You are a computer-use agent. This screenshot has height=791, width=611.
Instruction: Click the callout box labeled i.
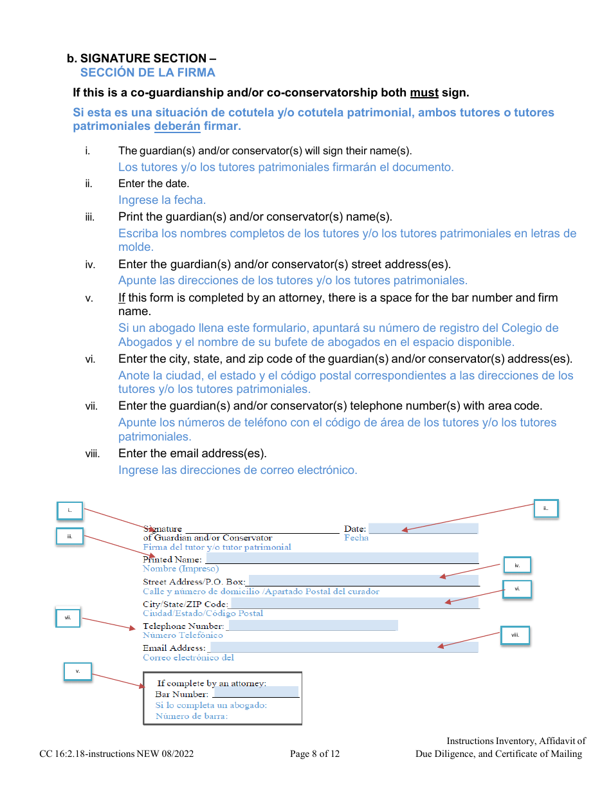click(69, 511)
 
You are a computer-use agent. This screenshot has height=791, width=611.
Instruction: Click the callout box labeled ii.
click(545, 509)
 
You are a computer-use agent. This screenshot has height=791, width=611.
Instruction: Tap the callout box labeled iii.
click(69, 536)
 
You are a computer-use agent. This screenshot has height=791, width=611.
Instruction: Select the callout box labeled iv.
click(517, 565)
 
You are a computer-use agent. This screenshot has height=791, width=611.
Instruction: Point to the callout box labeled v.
click(78, 671)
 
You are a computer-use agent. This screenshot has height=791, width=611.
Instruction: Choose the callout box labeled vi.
click(517, 589)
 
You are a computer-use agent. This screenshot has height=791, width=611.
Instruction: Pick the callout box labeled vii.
click(68, 618)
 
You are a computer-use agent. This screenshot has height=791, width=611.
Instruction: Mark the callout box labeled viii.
click(515, 635)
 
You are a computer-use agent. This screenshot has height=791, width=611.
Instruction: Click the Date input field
click(423, 529)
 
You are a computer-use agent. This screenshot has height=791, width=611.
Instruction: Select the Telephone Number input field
click(313, 625)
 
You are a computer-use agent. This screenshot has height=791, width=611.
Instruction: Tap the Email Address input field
click(343, 647)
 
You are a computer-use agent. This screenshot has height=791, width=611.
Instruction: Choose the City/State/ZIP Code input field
click(354, 603)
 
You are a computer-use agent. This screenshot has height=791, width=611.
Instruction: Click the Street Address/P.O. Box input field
click(363, 581)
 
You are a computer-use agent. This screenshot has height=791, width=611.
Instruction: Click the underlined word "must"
click(424, 93)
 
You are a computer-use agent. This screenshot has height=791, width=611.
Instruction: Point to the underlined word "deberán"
click(177, 126)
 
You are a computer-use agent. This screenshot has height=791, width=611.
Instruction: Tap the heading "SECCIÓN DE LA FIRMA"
click(148, 73)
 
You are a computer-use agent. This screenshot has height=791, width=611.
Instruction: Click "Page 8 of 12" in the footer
click(315, 754)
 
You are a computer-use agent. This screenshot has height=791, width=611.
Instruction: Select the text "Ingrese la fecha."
click(162, 200)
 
